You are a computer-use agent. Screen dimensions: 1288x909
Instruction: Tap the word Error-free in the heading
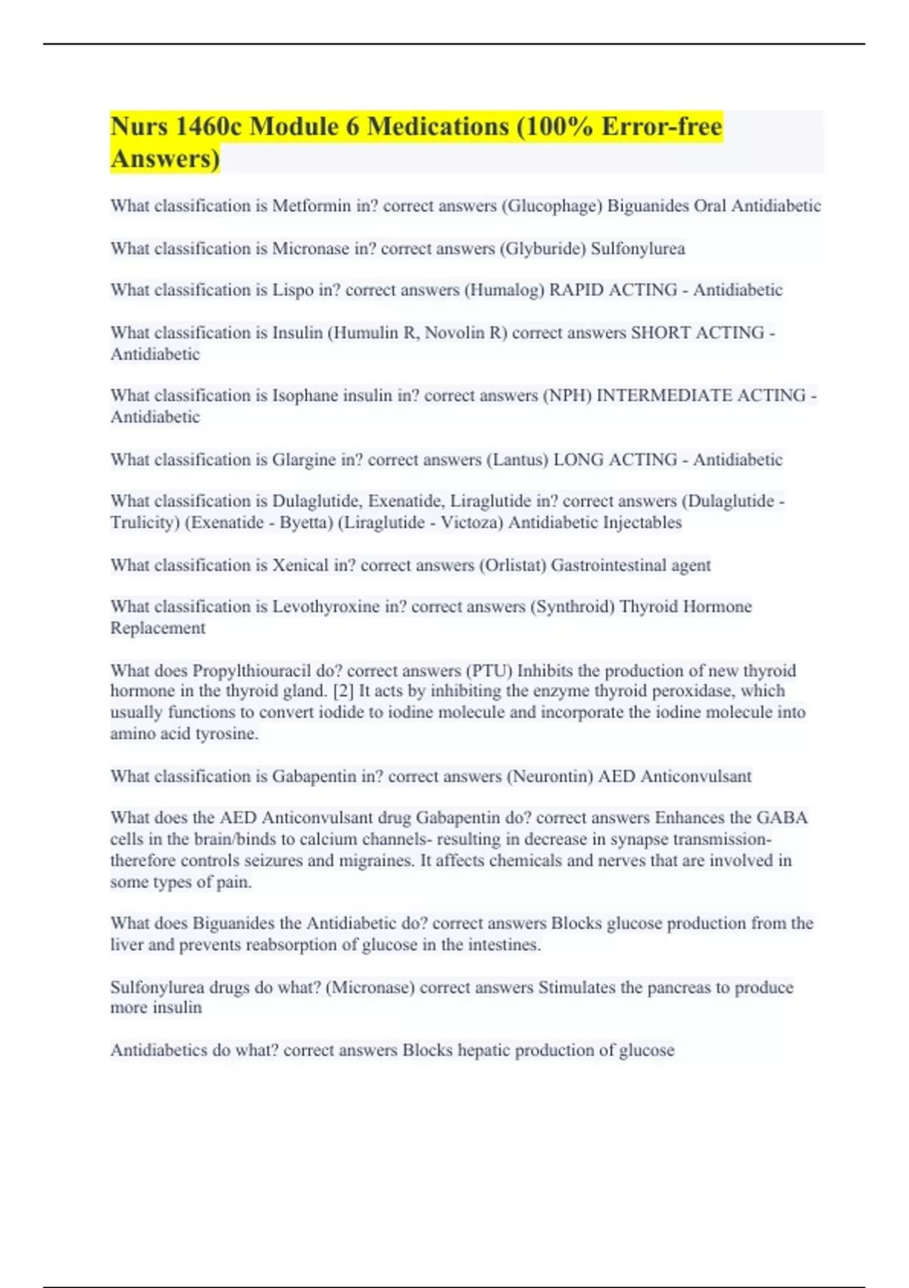coord(662,127)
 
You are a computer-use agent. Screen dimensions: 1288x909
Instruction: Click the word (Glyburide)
coord(542,249)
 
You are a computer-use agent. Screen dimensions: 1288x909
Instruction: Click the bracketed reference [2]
coord(344,691)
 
